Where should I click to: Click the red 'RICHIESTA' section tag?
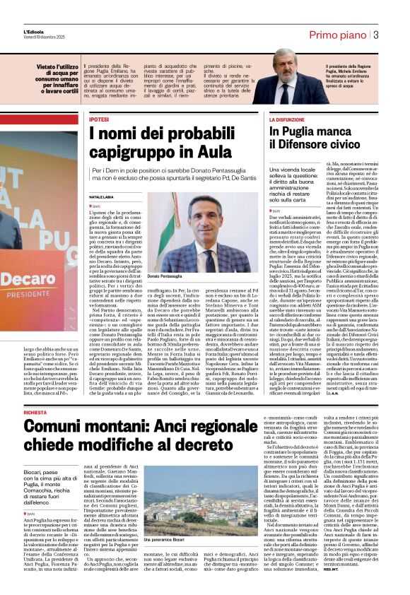(36, 391)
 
